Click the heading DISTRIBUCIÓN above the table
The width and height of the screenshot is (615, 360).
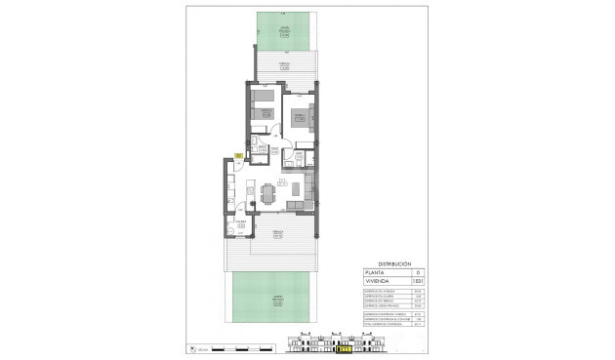click(394, 264)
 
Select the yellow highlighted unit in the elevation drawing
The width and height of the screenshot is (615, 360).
click(343, 346)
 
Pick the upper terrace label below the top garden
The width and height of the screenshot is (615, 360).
click(284, 66)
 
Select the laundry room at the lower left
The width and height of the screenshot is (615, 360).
click(239, 228)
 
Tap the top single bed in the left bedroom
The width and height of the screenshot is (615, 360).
click(263, 97)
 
